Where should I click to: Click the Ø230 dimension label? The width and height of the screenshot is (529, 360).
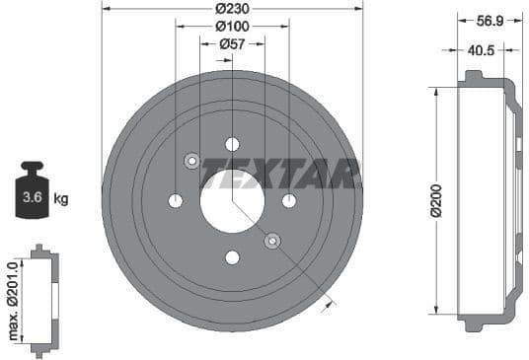pos(232,8)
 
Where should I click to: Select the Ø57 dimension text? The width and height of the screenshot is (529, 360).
pos(232,43)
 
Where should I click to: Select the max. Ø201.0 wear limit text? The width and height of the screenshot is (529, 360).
pos(14,301)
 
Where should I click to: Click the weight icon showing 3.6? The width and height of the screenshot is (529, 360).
pos(32,195)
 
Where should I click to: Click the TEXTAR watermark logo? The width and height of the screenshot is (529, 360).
pos(279,177)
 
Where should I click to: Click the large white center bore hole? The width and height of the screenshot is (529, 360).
pos(232,201)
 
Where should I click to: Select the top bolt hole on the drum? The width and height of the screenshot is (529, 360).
pos(232,144)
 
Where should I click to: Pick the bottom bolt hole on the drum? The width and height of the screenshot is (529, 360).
pos(232,257)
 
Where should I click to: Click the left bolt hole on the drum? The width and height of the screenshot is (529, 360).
pos(176,201)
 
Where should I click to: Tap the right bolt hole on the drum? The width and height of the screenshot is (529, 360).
pos(289,201)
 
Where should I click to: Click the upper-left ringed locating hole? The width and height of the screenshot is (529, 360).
pos(192,161)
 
